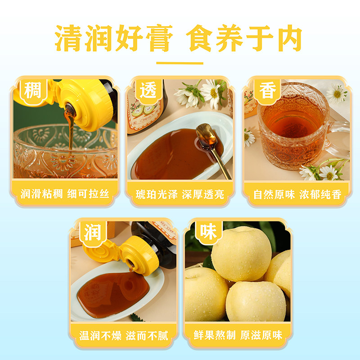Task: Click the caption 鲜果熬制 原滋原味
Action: tap(238, 336)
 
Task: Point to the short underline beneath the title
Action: tap(180, 63)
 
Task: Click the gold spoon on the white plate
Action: tap(211, 144)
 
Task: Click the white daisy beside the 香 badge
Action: tap(336, 94)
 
